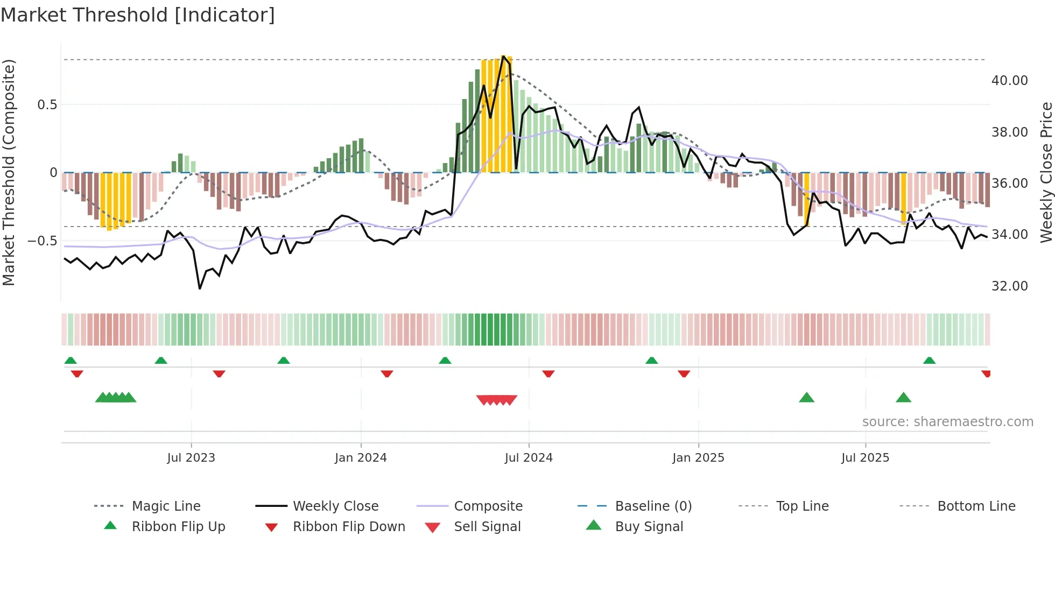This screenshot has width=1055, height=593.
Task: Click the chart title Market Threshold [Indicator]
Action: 138,15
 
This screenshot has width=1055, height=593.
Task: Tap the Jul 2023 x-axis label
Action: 191,458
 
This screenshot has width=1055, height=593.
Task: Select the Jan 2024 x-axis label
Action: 360,458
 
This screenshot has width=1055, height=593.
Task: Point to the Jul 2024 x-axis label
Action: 528,458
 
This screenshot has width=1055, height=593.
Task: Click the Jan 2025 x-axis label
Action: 698,458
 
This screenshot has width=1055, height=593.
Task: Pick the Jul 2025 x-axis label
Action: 865,458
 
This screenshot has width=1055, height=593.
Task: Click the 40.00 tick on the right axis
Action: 1009,81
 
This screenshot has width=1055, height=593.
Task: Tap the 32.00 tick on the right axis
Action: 1009,286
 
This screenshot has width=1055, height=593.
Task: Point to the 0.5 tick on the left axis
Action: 47,105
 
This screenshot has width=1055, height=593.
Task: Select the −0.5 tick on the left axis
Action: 43,241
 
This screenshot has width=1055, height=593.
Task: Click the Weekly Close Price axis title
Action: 1046,172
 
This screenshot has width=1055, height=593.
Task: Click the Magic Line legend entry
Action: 166,506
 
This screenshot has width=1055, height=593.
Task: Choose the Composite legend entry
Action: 488,506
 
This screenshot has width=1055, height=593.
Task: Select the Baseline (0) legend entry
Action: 653,506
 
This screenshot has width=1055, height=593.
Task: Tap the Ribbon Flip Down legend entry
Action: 348,527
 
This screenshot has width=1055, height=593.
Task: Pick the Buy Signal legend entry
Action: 649,527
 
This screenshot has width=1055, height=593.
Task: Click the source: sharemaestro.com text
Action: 947,422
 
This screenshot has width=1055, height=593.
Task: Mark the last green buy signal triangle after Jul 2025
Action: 903,398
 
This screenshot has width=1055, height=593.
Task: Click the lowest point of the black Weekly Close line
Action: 200,289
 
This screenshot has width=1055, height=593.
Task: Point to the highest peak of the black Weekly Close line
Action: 503,56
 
